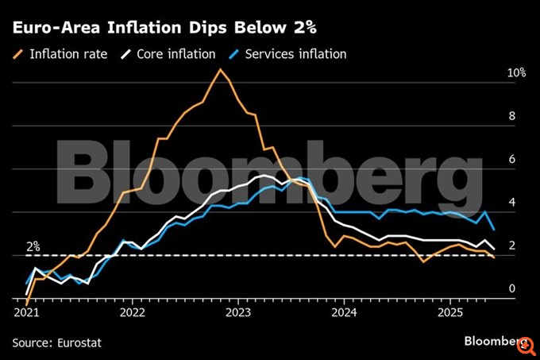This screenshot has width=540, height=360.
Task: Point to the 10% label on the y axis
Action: (x=516, y=72)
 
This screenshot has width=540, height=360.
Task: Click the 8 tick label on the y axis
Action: (x=511, y=116)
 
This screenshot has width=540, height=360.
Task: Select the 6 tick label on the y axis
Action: (x=511, y=159)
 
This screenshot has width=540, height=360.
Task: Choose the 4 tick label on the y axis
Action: (x=511, y=203)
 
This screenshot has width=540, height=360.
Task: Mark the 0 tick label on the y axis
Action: (x=511, y=289)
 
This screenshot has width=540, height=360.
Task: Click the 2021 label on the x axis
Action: (x=26, y=312)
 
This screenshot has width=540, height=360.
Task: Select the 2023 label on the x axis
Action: (x=238, y=312)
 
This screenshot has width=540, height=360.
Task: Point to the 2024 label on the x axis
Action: (x=344, y=312)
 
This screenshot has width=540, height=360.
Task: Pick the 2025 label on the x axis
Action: (x=450, y=312)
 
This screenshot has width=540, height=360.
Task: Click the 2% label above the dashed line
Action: (x=33, y=246)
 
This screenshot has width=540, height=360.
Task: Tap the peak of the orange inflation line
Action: (x=221, y=69)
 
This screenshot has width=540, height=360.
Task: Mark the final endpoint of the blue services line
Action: (x=495, y=230)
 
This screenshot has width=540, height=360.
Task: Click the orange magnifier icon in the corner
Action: (x=524, y=343)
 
